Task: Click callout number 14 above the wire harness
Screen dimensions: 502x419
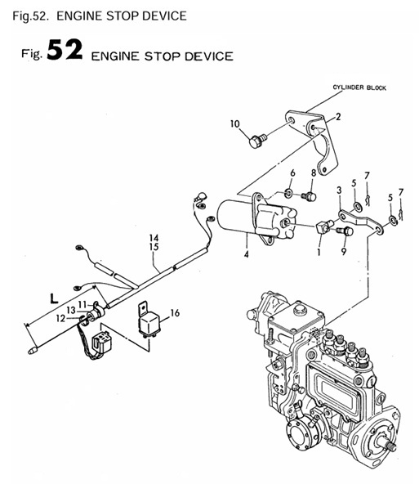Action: point(154,237)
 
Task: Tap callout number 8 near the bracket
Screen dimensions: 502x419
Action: point(312,173)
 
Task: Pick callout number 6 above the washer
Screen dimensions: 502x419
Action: point(292,173)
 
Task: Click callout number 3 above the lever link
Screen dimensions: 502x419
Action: point(338,190)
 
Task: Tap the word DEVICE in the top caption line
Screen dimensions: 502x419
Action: point(163,15)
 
